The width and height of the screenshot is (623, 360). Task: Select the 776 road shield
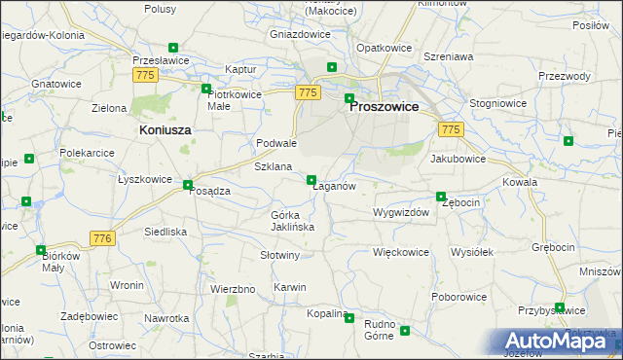pyautogui.click(x=102, y=238)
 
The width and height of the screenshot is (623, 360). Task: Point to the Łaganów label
pyautogui.click(x=333, y=186)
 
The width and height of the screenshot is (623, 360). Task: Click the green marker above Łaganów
pyautogui.click(x=311, y=179)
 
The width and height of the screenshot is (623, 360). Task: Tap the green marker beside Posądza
pyautogui.click(x=187, y=184)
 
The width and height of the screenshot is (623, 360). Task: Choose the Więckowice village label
pyautogui.click(x=401, y=251)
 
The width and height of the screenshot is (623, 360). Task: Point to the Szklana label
pyautogui.click(x=273, y=166)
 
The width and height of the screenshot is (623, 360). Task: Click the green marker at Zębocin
pyautogui.click(x=441, y=197)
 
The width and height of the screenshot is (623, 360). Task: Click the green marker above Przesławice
pyautogui.click(x=173, y=48)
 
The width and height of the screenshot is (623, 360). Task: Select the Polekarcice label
pyautogui.click(x=88, y=153)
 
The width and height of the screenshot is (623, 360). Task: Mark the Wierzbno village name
pyautogui.click(x=233, y=289)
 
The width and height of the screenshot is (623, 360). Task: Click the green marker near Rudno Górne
pyautogui.click(x=405, y=331)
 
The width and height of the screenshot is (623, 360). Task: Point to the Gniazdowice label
pyautogui.click(x=299, y=33)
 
